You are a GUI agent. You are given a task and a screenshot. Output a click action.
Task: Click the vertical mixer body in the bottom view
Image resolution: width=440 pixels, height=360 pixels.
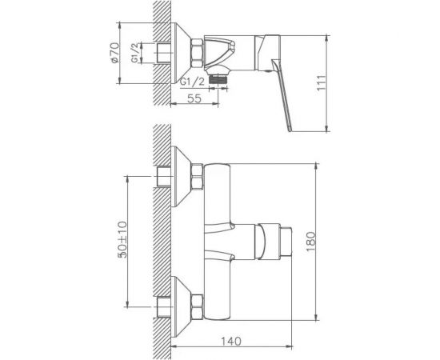tap(217, 239)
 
